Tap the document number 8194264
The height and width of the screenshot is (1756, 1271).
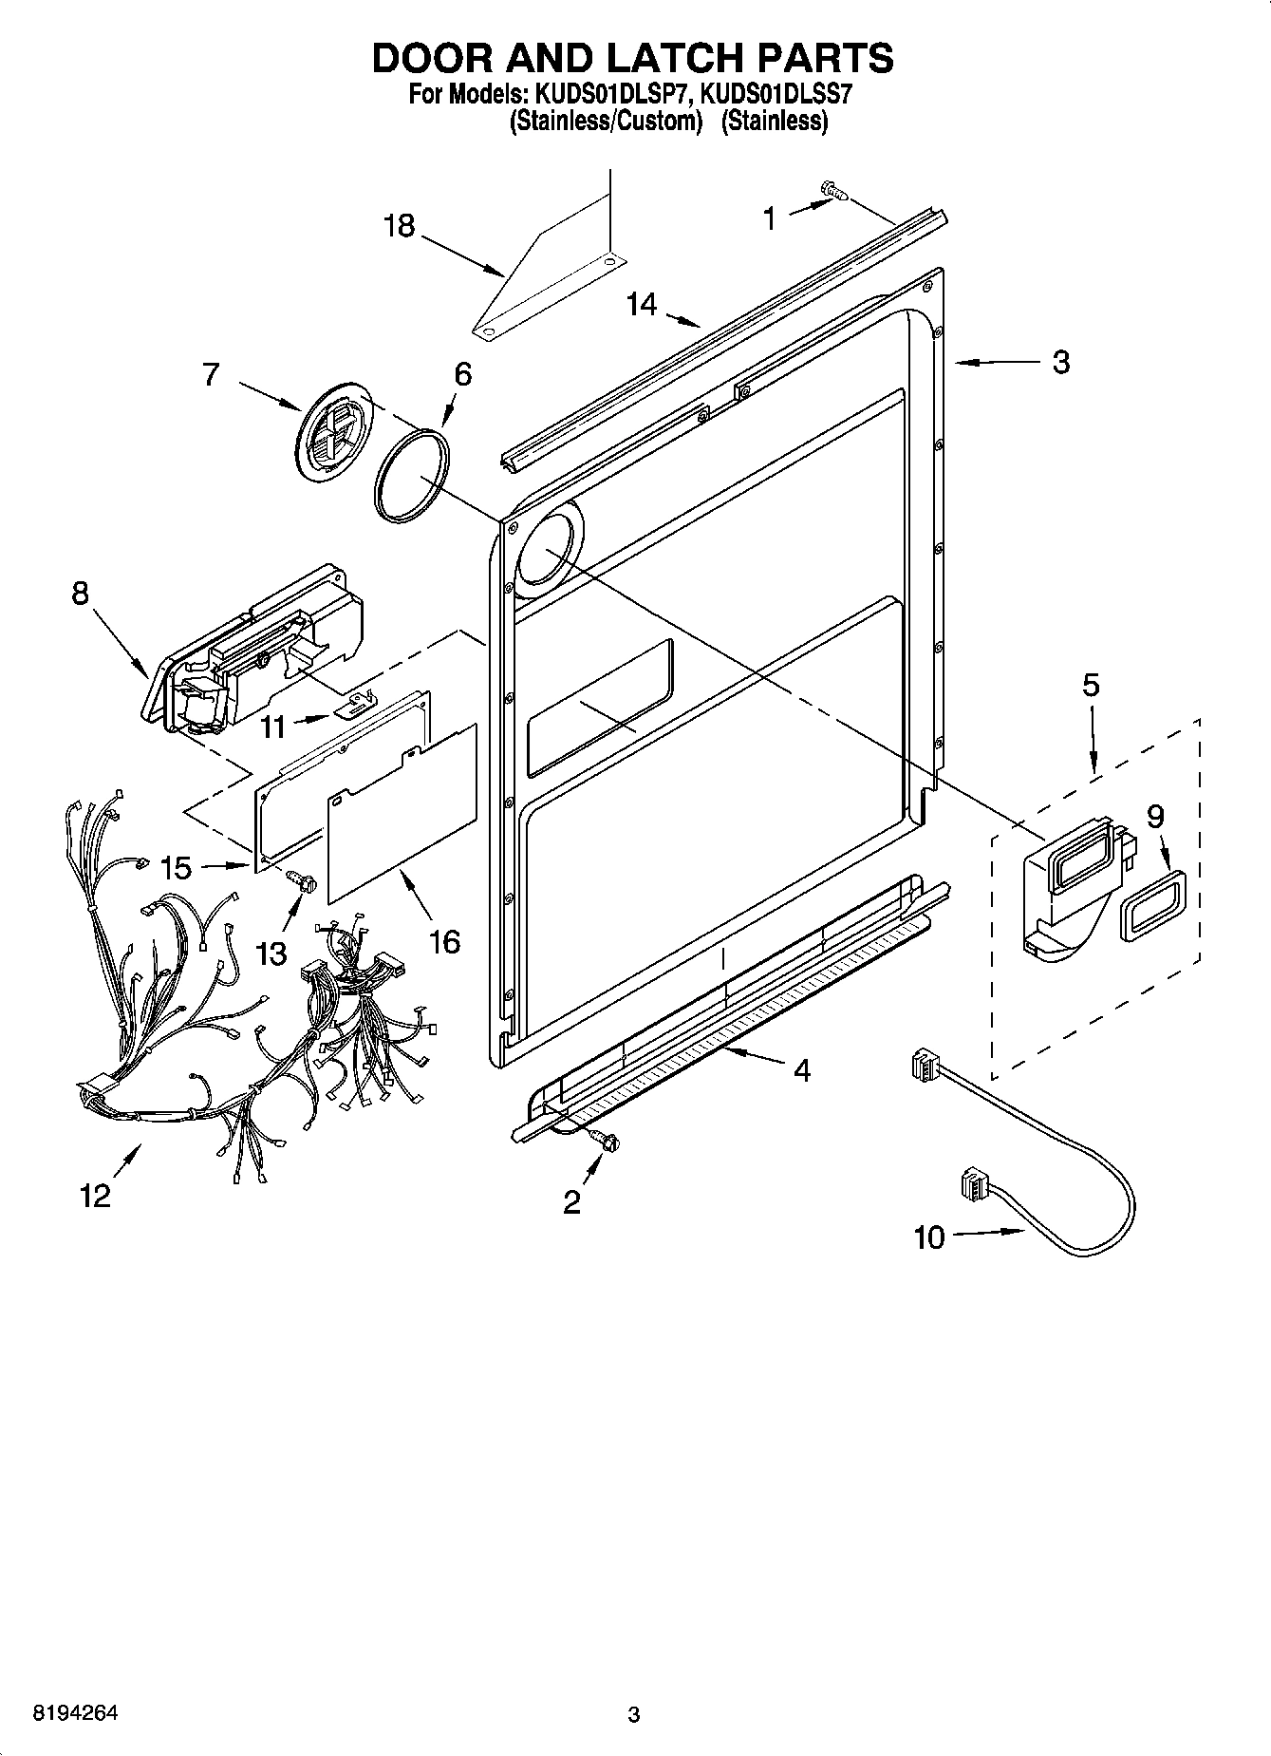(x=75, y=1714)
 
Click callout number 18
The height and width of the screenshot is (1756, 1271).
(x=400, y=226)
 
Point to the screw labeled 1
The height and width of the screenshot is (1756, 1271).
(x=834, y=193)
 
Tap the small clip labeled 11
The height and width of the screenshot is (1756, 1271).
(x=355, y=702)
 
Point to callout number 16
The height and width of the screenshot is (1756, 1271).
(x=444, y=941)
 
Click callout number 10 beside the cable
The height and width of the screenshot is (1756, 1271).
(x=929, y=1237)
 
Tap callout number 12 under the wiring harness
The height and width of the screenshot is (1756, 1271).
(x=96, y=1196)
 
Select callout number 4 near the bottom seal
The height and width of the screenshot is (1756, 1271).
(x=802, y=1070)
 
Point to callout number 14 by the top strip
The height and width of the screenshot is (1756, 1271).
(x=642, y=305)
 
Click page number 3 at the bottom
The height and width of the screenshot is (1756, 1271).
(x=633, y=1715)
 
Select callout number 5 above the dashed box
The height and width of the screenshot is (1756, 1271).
(x=1092, y=686)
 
